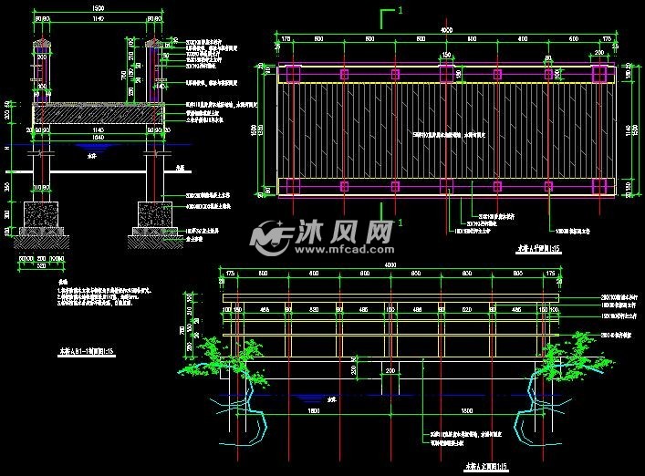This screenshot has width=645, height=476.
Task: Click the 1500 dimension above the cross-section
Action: point(98,10)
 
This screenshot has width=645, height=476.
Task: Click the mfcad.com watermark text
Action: point(344,247)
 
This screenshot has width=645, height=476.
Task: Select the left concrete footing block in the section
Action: point(42,216)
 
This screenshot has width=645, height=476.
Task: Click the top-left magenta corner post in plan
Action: point(292,74)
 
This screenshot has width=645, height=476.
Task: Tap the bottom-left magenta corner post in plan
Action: point(292,186)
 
